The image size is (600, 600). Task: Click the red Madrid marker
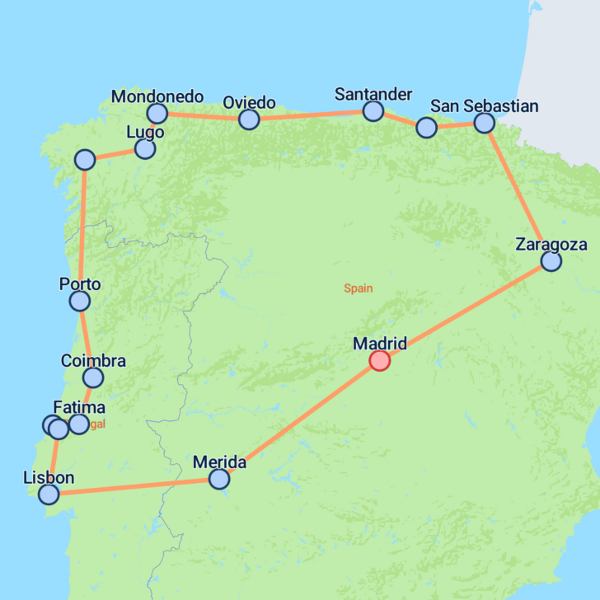click(379, 360)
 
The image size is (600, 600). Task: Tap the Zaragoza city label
click(551, 244)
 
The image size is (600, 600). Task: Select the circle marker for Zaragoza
click(551, 261)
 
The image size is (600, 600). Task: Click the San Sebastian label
click(485, 105)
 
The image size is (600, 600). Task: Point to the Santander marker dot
click(373, 110)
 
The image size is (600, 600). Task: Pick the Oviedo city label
click(249, 102)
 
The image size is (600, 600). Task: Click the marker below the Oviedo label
click(249, 120)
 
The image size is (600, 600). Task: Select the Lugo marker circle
click(145, 149)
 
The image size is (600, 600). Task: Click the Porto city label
click(80, 284)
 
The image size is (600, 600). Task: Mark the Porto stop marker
click(79, 302)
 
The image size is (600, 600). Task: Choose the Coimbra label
click(93, 361)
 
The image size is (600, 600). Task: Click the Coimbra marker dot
click(93, 377)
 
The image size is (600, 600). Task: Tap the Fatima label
click(79, 407)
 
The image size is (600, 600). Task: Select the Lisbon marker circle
click(49, 495)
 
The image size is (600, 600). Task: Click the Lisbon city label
click(49, 478)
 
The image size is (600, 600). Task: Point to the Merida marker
click(219, 479)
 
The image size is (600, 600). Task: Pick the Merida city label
click(219, 462)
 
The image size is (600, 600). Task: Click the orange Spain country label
click(359, 288)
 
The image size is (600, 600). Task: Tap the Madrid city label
click(379, 343)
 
